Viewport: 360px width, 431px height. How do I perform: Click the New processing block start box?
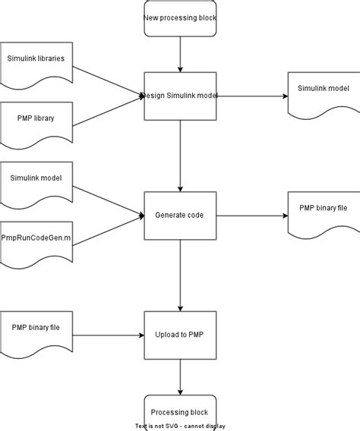pyautogui.click(x=180, y=17)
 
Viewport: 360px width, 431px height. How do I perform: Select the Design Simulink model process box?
pyautogui.click(x=180, y=96)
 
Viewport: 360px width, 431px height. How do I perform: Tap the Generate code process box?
pyautogui.click(x=180, y=215)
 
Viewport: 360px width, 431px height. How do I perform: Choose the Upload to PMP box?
pyautogui.click(x=180, y=335)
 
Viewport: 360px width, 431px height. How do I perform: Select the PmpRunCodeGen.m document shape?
pyautogui.click(x=36, y=240)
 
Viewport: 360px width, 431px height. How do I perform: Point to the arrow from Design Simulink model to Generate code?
pyautogui.click(x=180, y=156)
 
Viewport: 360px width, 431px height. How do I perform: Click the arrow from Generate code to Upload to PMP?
pyautogui.click(x=180, y=275)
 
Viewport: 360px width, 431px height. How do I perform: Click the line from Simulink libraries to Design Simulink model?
pyautogui.click(x=108, y=78)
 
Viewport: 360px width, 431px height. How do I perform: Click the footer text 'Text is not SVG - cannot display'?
pyautogui.click(x=180, y=426)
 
